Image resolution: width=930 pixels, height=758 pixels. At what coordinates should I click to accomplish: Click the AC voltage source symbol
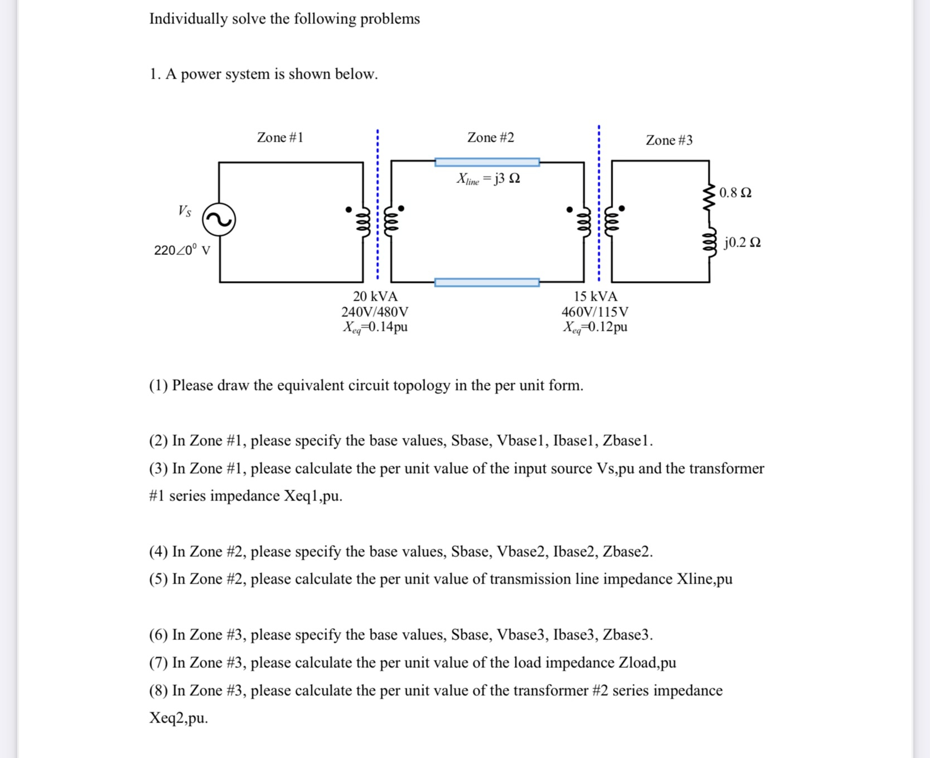[219, 220]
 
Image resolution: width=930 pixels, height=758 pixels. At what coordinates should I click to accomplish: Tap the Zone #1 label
[280, 138]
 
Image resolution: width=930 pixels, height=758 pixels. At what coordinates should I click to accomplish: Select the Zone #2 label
[490, 138]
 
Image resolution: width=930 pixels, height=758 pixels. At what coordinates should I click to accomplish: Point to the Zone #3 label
[669, 140]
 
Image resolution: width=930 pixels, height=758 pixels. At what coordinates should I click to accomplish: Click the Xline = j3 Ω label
[488, 179]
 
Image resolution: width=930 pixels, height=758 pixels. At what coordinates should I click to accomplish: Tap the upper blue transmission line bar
[487, 162]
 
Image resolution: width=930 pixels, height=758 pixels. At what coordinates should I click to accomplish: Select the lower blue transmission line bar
[487, 283]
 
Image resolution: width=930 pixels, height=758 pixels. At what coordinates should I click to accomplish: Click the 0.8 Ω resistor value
[735, 192]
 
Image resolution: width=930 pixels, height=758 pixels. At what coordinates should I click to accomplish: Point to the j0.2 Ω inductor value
[742, 242]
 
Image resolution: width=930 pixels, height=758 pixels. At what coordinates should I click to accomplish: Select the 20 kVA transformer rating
[375, 297]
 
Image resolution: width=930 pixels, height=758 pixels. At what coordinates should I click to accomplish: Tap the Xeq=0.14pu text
[375, 327]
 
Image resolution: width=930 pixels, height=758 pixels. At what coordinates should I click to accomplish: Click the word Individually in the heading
[188, 19]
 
